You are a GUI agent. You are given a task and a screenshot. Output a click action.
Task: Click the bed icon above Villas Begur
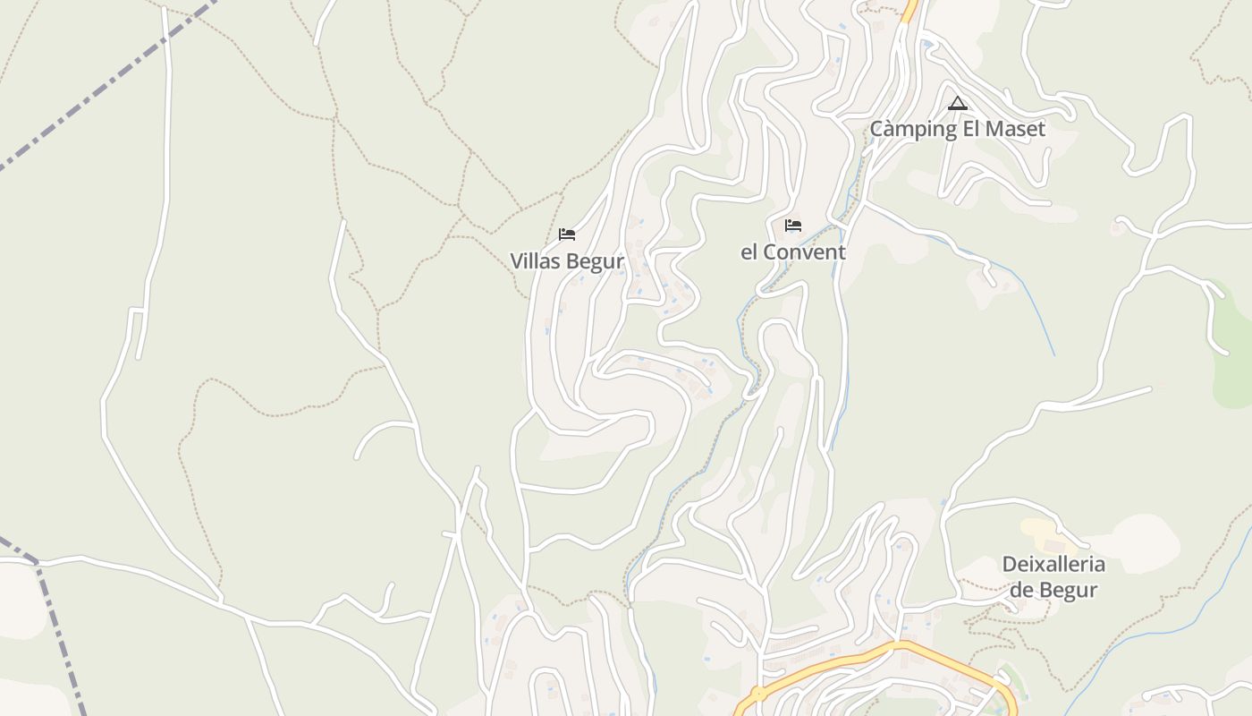click(566, 234)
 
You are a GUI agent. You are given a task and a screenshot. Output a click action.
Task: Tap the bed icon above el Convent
click(792, 226)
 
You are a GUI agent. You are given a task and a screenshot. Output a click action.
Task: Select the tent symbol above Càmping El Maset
click(958, 103)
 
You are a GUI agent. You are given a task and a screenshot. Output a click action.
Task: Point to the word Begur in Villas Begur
click(594, 261)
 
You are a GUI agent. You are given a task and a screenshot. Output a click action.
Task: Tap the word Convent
click(805, 252)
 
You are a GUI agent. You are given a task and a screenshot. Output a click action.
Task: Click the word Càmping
click(913, 129)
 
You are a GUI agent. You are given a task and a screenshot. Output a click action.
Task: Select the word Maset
click(1016, 129)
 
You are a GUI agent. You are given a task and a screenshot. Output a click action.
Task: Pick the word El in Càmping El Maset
click(971, 129)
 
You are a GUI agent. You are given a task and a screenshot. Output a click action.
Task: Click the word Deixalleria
click(1053, 565)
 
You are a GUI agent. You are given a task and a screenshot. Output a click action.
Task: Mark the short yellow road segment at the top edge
click(910, 11)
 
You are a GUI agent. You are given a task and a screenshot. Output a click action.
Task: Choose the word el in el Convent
click(749, 252)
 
